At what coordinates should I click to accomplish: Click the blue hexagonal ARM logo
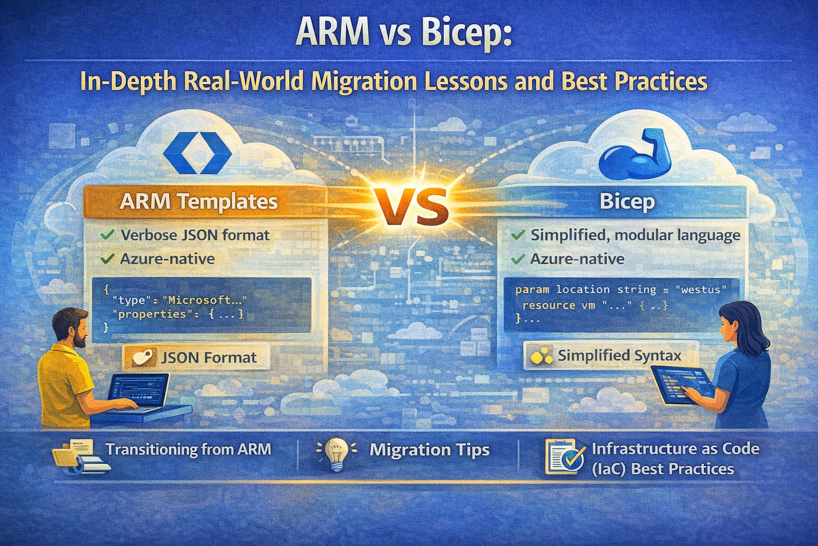point(197,153)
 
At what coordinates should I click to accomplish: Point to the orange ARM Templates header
point(205,202)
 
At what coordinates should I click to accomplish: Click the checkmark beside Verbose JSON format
point(107,235)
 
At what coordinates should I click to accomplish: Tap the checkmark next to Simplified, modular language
point(519,235)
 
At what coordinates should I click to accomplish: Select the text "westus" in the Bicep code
point(701,290)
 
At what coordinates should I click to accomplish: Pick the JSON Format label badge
point(197,357)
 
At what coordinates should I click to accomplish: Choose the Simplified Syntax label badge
point(611,356)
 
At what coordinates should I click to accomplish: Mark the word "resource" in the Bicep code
point(548,306)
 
